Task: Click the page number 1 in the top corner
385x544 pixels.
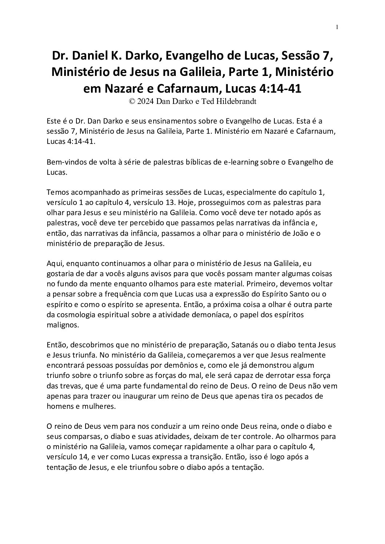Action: tap(337, 27)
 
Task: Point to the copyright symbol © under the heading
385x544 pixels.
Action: tap(132, 102)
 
